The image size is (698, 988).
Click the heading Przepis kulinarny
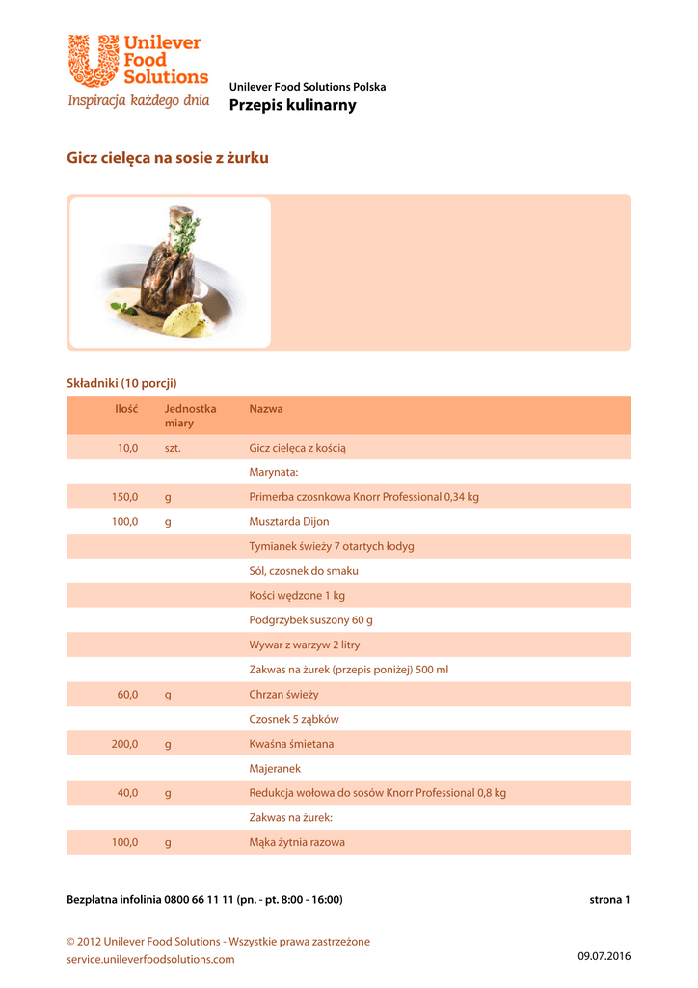292,105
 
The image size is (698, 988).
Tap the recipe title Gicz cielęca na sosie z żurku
167,158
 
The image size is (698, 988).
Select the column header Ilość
126,409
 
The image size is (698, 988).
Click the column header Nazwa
266,409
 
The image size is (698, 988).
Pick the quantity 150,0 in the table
124,497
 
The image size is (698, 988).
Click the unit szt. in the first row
173,448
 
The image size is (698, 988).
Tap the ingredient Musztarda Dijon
288,522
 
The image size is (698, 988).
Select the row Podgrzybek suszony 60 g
310,620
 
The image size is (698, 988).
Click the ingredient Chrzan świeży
283,695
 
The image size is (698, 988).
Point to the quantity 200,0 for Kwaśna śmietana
124,745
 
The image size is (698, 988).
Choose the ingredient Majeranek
275,769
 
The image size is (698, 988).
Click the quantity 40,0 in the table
127,793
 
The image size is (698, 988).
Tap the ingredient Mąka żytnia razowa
297,842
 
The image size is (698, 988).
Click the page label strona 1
609,900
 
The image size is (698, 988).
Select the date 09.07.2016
604,956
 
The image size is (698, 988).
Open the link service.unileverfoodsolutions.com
150,960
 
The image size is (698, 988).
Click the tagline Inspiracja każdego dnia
138,101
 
